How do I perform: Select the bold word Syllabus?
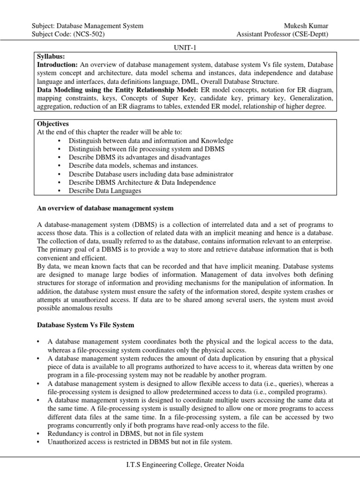tap(50, 56)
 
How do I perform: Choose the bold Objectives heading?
tap(52, 124)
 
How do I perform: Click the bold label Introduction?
tap(57, 65)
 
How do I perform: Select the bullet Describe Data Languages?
tap(105, 191)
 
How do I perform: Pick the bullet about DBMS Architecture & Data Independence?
tap(142, 182)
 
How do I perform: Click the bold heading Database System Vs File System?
tap(85, 325)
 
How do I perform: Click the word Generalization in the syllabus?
tap(310, 98)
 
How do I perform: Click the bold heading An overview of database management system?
tap(105, 208)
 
